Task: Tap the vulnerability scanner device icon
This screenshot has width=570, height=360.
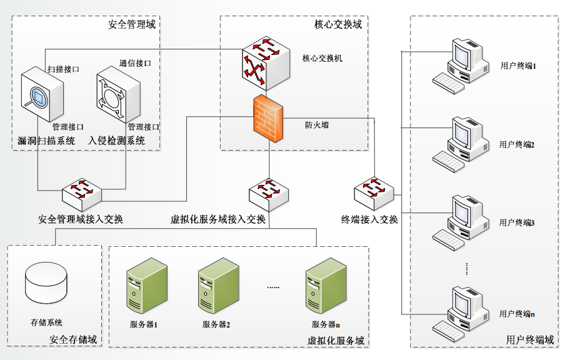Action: point(42,96)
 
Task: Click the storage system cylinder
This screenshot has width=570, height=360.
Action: point(45,284)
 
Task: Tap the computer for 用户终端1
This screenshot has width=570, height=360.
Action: point(460,65)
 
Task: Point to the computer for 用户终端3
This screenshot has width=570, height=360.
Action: point(460,222)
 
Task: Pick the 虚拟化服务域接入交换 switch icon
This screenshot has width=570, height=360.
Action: point(269,193)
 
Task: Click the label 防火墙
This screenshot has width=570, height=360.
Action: point(317,125)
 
